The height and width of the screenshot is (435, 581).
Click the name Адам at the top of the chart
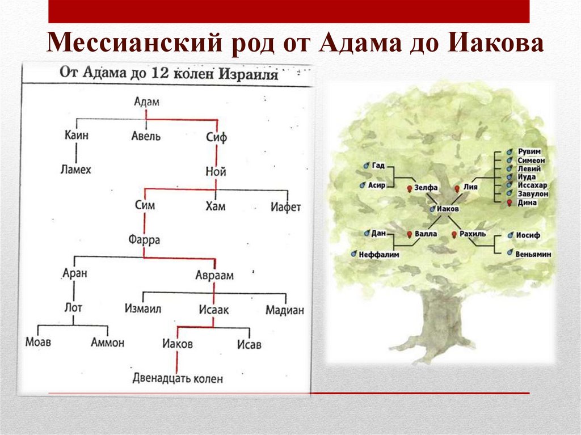(147, 102)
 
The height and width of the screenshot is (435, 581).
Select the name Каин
(77, 136)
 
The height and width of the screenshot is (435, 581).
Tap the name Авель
(146, 136)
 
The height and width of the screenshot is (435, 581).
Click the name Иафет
(285, 206)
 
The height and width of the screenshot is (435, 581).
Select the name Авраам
(214, 275)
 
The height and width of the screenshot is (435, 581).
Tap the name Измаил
(143, 310)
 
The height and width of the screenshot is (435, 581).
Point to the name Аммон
(107, 343)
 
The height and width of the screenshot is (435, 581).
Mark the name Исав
(249, 344)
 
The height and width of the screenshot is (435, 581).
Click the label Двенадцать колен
(178, 378)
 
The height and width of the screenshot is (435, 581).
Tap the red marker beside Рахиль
(454, 234)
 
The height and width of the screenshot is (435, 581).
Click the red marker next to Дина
(510, 202)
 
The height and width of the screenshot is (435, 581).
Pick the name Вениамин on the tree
(533, 255)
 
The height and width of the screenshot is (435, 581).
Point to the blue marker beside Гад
(366, 165)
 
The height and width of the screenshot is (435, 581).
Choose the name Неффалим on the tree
(378, 255)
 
